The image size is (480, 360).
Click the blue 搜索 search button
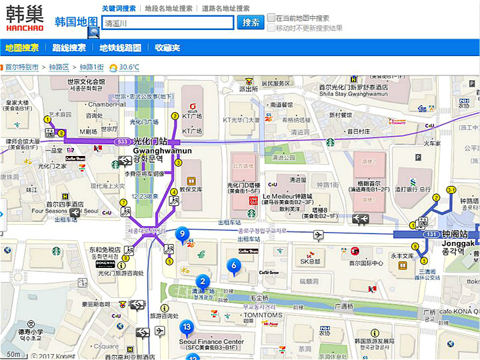[251, 22]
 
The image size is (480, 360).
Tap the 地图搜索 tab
[22, 48]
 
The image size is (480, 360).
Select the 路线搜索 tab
[69, 48]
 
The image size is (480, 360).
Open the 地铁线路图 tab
[121, 48]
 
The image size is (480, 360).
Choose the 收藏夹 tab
[167, 48]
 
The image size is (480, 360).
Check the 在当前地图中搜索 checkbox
[271, 18]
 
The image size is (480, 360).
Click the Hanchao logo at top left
[25, 18]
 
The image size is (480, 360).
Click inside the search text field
[167, 23]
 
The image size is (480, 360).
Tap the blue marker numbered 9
[181, 234]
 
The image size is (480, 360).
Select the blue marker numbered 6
[233, 265]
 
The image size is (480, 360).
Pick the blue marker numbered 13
[187, 327]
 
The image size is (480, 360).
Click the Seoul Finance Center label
[211, 342]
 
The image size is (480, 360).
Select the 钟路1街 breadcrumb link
[91, 67]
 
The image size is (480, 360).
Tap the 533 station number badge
[122, 141]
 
